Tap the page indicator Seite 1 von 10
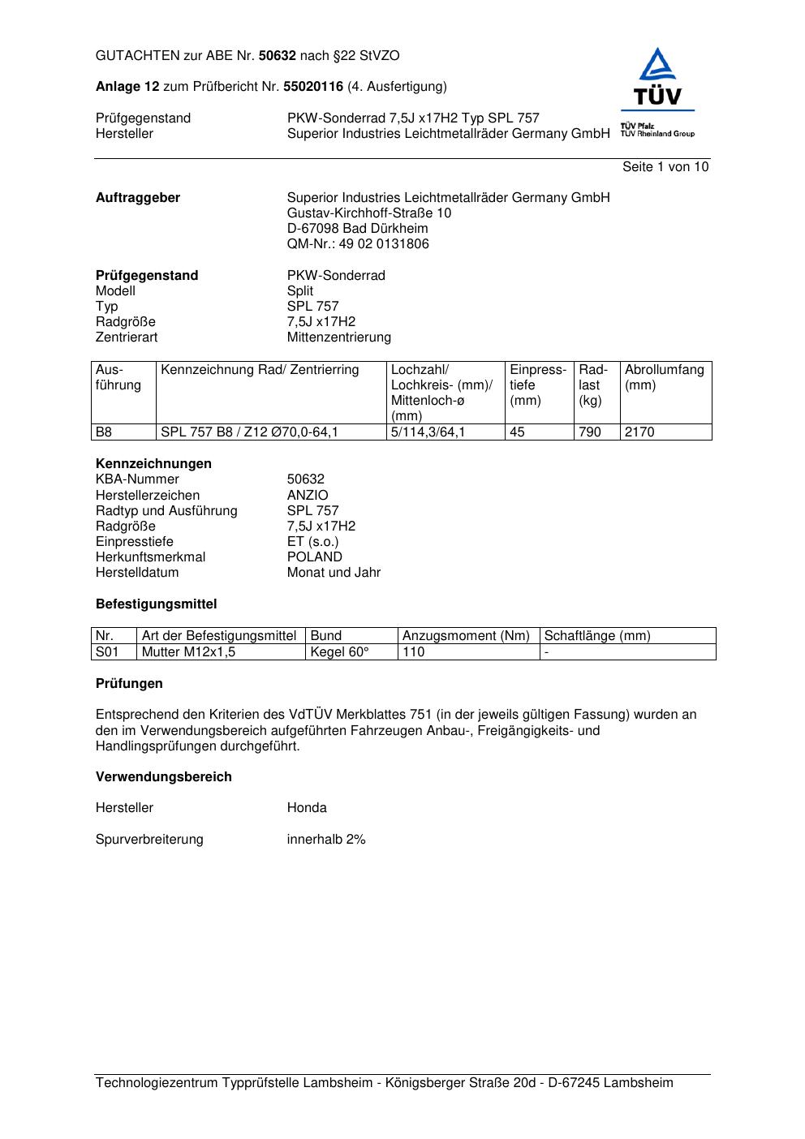point(665,167)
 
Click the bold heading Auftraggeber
point(138,198)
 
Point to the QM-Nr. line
point(358,244)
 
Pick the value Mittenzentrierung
point(338,337)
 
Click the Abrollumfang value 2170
point(639,432)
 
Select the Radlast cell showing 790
point(590,432)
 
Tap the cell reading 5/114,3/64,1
point(428,432)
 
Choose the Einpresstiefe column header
point(538,385)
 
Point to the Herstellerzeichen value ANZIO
point(308,496)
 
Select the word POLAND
point(315,557)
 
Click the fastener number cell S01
point(107,652)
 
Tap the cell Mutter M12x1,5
point(188,652)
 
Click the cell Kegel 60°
point(339,652)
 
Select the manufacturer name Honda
point(307,808)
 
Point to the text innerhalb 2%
point(326,840)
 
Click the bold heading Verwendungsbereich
point(164,777)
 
